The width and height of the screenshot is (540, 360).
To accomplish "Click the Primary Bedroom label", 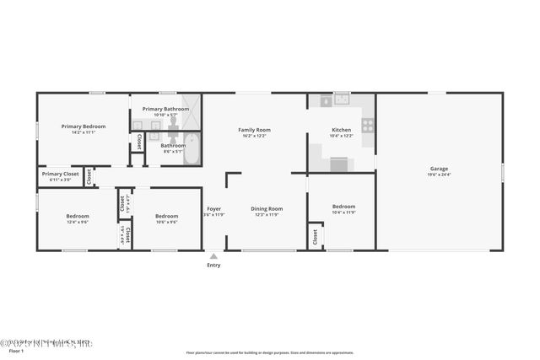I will tap(84, 126).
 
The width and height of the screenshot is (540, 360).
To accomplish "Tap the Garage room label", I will tap(439, 169).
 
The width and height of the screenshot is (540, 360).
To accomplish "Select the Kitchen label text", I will tap(341, 130).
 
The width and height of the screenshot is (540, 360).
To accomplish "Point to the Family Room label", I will tap(254, 130).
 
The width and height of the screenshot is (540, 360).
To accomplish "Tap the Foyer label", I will tap(213, 208).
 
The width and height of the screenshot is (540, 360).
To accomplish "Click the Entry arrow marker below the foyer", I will tap(213, 255).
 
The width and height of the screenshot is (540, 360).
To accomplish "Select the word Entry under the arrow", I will tap(213, 266).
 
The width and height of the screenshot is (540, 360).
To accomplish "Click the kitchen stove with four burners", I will tap(368, 126).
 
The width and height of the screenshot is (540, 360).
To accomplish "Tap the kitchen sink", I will tap(341, 99).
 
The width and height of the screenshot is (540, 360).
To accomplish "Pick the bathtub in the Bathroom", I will tap(191, 149).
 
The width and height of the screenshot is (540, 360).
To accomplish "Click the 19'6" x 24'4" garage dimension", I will tap(439, 175).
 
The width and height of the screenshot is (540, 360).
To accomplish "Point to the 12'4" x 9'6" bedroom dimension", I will tap(78, 223).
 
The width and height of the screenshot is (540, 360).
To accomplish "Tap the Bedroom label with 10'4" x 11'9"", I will tap(343, 207).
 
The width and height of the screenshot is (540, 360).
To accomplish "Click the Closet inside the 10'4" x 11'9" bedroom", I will tap(316, 237).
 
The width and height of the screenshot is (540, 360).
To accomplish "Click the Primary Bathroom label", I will tap(165, 109).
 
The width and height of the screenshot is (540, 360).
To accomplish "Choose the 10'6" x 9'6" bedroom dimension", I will tap(167, 223).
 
